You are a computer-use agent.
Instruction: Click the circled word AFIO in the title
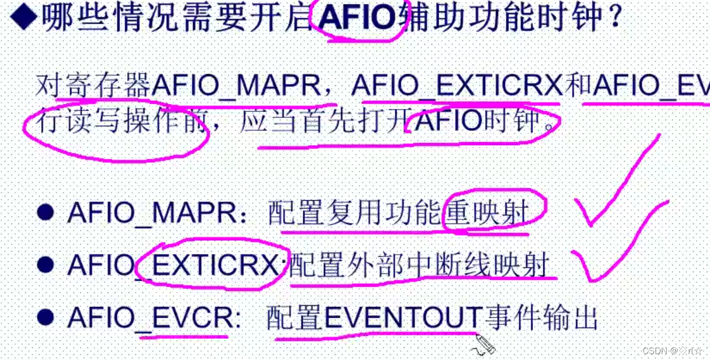pyautogui.click(x=357, y=19)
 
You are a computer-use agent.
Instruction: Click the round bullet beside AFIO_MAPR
pyautogui.click(x=45, y=213)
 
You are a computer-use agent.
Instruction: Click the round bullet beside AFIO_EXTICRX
pyautogui.click(x=45, y=266)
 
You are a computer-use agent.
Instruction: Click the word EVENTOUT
pyautogui.click(x=403, y=318)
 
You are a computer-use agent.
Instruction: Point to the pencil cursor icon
pyautogui.click(x=484, y=344)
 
